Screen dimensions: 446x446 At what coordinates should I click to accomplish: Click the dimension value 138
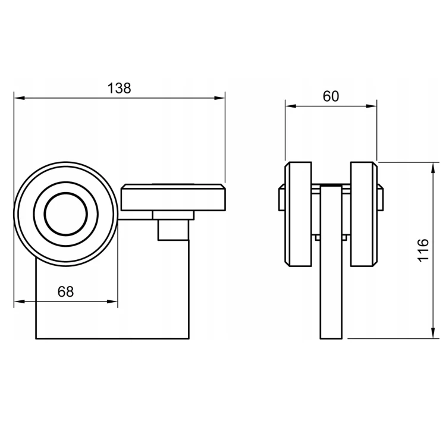coord(119,88)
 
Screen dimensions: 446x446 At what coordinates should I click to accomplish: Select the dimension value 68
coord(65,291)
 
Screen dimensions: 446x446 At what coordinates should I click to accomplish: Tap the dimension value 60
coord(331,96)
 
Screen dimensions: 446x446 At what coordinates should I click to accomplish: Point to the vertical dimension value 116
coord(423,250)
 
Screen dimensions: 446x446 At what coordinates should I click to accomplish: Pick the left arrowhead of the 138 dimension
coord(20,98)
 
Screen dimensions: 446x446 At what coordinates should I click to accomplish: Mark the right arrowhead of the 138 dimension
coord(219,98)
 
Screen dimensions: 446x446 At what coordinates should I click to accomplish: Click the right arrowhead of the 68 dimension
coord(112,301)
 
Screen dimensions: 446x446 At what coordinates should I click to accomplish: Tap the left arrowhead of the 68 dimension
coord(20,301)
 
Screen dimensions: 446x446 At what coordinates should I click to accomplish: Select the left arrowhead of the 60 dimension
coord(291,106)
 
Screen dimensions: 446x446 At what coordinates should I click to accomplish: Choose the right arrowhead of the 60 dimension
coord(372,106)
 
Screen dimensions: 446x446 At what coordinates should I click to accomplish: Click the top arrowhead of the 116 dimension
coord(433,168)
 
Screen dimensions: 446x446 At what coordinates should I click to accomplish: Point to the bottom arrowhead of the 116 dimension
coord(433,334)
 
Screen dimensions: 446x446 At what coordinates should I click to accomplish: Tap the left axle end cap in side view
coord(282,197)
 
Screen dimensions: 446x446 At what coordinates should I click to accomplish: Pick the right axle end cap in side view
coord(381,197)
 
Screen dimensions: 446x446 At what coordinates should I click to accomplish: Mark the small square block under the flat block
coord(173,230)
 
